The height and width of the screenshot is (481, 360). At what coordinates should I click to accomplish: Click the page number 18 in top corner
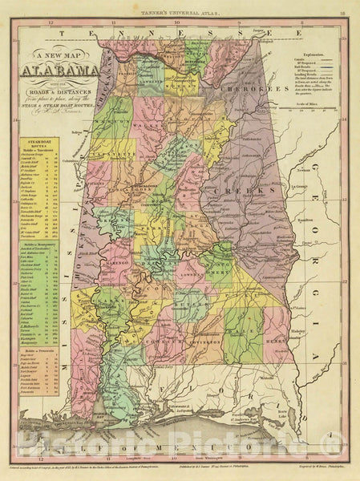click(342, 13)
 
